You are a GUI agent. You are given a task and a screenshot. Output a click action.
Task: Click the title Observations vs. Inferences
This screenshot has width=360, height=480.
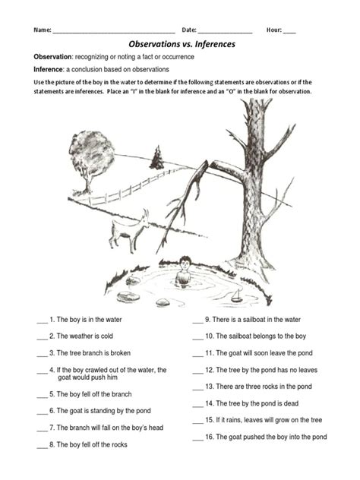click(x=181, y=45)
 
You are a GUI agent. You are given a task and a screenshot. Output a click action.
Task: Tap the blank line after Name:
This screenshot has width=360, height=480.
click(x=114, y=31)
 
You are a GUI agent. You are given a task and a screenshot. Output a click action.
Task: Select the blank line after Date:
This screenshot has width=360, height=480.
click(x=225, y=31)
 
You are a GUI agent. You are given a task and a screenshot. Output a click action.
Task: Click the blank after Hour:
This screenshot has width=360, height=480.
click(x=289, y=31)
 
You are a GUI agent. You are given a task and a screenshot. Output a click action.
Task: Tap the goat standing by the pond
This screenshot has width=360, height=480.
click(x=125, y=232)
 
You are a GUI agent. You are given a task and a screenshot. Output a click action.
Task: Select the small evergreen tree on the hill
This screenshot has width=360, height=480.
click(x=157, y=159)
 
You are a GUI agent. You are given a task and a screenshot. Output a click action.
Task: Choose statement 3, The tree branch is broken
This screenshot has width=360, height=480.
click(x=90, y=353)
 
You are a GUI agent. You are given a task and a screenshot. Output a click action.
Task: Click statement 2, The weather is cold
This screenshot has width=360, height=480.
click(x=84, y=336)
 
